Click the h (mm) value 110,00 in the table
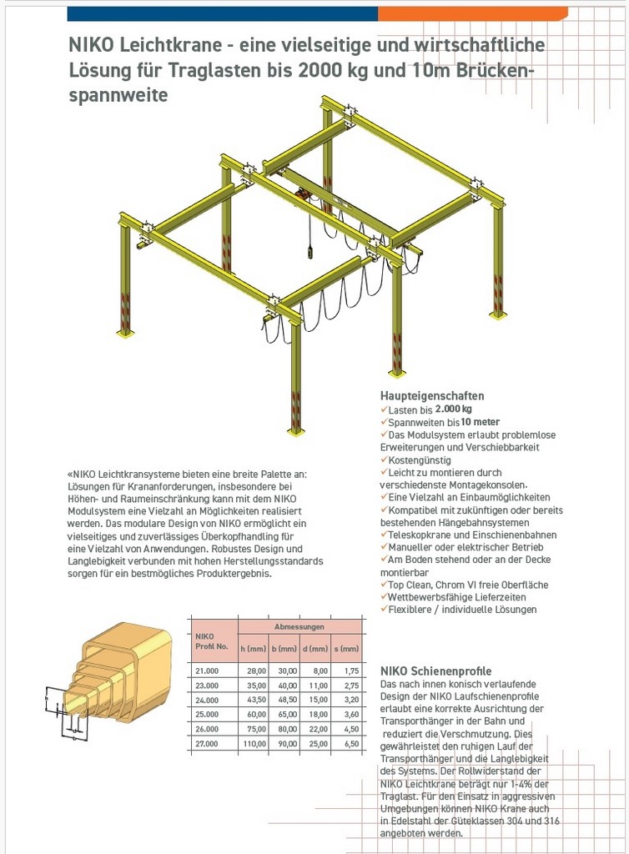click(255, 744)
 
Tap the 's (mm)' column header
click(346, 649)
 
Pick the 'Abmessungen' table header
click(299, 625)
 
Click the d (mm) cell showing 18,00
click(315, 715)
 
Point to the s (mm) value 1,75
click(350, 671)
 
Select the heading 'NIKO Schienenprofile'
click(435, 671)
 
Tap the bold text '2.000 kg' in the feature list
click(453, 409)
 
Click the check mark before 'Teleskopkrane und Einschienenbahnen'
click(384, 535)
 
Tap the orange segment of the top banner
click(472, 13)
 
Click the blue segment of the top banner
click(222, 13)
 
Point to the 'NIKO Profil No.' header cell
click(210, 641)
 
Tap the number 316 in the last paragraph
click(550, 821)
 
